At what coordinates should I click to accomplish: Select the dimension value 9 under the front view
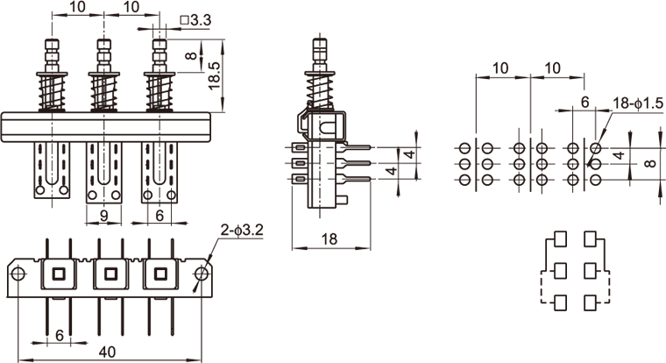pos(103,213)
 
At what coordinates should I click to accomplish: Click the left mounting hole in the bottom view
pos(18,274)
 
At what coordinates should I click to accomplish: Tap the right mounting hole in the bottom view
pos(202,274)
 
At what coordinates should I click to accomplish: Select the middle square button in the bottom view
pos(110,274)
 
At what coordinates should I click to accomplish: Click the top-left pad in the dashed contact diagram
pos(559,238)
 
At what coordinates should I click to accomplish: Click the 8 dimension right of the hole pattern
pos(648,163)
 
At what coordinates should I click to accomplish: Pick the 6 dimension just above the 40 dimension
pos(60,334)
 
